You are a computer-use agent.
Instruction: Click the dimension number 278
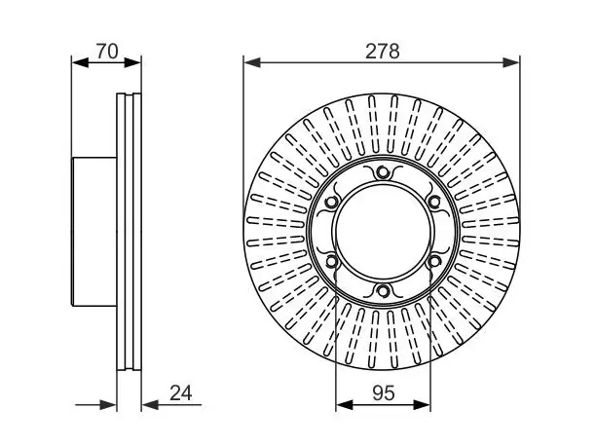382,52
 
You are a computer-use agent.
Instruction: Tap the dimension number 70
107,52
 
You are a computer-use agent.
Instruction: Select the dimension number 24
180,393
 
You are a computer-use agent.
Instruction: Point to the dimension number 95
384,393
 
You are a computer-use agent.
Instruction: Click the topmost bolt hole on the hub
382,172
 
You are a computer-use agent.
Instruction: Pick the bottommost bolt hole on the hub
382,291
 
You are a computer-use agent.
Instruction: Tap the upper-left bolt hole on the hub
331,202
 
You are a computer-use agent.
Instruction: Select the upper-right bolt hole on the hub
433,202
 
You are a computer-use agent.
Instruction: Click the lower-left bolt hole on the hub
331,261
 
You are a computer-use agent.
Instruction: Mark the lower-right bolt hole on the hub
433,261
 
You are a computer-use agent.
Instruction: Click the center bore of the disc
383,232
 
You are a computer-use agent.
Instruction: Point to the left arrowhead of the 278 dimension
252,62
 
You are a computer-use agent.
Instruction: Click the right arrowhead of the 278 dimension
511,62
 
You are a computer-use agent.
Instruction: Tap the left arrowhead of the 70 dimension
80,62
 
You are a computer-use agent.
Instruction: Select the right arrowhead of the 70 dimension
132,62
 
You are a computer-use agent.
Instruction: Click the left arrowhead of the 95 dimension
345,405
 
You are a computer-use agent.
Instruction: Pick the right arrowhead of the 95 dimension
422,405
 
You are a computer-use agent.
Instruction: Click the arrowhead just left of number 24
150,405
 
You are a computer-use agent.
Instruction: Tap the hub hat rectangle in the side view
94,232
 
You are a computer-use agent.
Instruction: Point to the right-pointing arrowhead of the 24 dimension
108,405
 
